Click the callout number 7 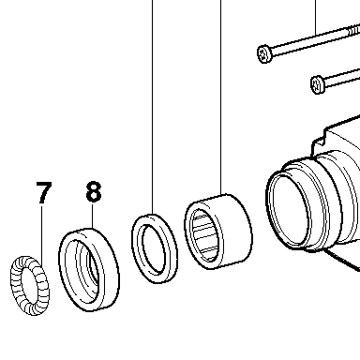43,192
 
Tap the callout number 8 94,191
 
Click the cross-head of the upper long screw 265,53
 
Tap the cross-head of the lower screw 318,84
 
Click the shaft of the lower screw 342,79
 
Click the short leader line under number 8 93,215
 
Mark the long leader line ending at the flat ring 153,107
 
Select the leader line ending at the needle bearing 221,97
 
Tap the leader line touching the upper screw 316,18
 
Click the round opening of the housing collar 288,210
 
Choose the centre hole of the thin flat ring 154,248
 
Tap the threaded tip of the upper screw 353,30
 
